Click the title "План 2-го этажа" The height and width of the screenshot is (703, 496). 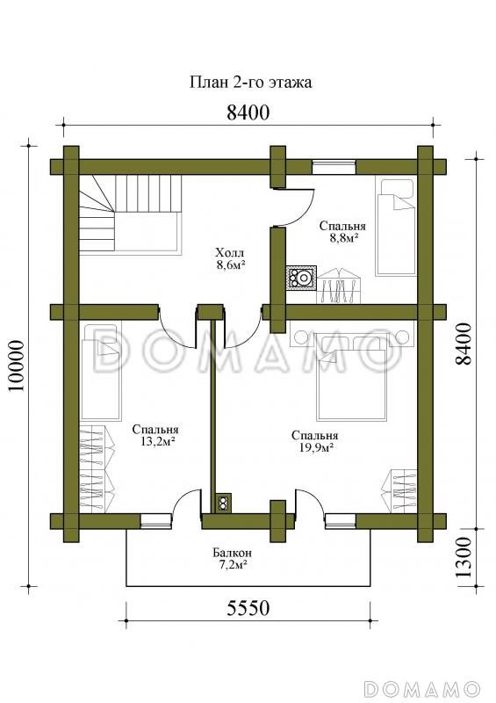pyautogui.click(x=251, y=83)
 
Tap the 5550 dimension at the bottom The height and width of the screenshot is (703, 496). pyautogui.click(x=248, y=608)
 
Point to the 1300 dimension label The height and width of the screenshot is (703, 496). pyautogui.click(x=465, y=558)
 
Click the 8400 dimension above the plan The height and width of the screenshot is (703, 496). pyautogui.click(x=248, y=113)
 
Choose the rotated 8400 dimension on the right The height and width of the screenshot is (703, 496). pyautogui.click(x=465, y=344)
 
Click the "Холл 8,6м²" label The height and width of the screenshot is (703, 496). pyautogui.click(x=230, y=258)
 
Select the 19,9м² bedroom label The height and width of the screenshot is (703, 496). pyautogui.click(x=314, y=441)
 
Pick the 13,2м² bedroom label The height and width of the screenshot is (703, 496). pyautogui.click(x=155, y=435)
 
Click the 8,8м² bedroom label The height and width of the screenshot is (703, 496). pyautogui.click(x=341, y=231)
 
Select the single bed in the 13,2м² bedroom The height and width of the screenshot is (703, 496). pyautogui.click(x=101, y=373)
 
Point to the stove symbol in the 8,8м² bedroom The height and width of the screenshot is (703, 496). pyautogui.click(x=302, y=278)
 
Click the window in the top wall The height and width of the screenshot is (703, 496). pyautogui.click(x=334, y=166)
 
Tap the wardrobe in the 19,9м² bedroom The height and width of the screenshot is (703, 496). pyautogui.click(x=403, y=491)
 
